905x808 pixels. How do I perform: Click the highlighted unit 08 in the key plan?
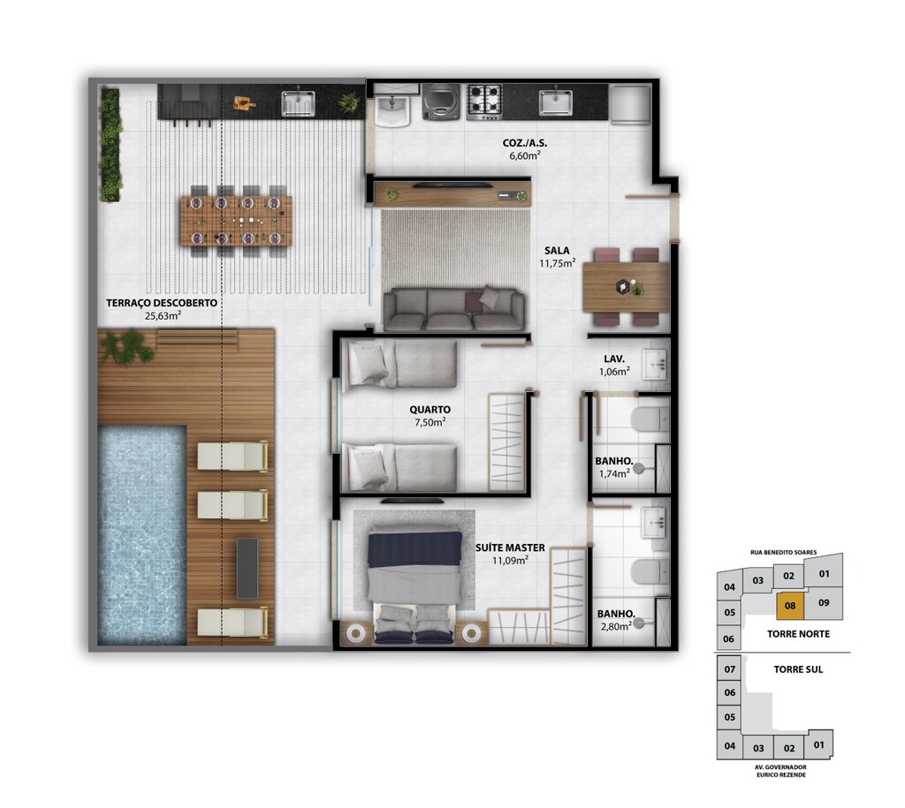click(x=790, y=606)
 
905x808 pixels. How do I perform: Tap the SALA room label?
click(x=557, y=250)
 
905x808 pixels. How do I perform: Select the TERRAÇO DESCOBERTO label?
click(x=162, y=303)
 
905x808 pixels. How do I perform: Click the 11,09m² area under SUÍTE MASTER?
click(x=510, y=560)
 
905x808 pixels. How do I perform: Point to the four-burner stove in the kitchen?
click(x=483, y=102)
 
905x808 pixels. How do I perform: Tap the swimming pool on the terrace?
click(x=142, y=534)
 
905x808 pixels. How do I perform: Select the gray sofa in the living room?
click(x=454, y=310)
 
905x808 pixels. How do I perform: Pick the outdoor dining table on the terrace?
click(x=236, y=221)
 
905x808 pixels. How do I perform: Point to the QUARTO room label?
click(x=430, y=410)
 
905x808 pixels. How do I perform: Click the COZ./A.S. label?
click(x=525, y=143)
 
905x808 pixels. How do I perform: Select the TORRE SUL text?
click(x=798, y=669)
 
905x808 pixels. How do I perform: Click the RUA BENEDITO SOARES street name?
click(x=783, y=552)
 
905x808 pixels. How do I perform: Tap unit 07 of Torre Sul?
click(x=730, y=669)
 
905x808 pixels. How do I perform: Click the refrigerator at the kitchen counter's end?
click(x=631, y=104)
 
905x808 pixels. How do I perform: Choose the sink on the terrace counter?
click(x=298, y=104)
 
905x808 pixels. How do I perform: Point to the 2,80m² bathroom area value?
click(x=616, y=626)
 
